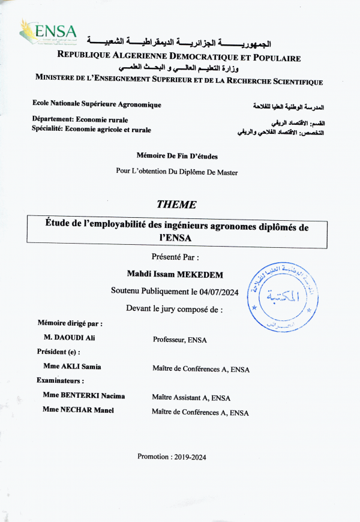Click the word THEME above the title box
coord(176,204)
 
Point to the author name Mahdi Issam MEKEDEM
coord(179,274)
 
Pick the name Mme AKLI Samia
coord(71,366)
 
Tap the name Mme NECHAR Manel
coord(78,410)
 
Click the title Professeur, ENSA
coord(180,340)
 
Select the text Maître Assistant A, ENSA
coord(191,397)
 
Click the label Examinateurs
coord(60,380)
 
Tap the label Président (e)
coord(58,352)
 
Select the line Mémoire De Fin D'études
coord(177,156)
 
